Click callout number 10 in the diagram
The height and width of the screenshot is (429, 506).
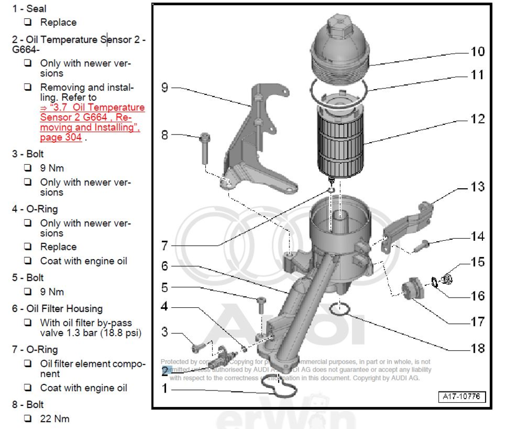pos(477,51)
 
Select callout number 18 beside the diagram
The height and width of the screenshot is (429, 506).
pos(477,348)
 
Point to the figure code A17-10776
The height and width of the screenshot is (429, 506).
pos(462,397)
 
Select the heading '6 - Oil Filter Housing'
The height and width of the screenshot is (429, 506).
pos(57,308)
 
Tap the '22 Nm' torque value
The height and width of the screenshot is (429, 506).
pos(54,418)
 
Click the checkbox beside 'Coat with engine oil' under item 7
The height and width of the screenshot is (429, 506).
pos(27,388)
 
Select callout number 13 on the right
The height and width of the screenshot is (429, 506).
pos(477,187)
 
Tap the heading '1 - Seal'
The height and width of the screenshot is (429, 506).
pos(29,9)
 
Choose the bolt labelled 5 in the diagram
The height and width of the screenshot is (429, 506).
pos(261,306)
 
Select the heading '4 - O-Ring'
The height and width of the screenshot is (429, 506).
pos(35,209)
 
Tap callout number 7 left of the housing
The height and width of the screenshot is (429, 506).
pos(165,246)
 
